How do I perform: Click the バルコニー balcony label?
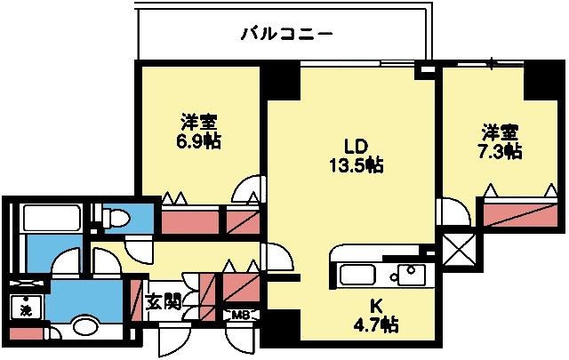pos(286,35)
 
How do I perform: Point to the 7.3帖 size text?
pos(501,151)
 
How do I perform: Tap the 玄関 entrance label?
pos(164,300)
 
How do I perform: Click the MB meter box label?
pos(240,315)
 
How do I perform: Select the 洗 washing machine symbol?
pos(26,311)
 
